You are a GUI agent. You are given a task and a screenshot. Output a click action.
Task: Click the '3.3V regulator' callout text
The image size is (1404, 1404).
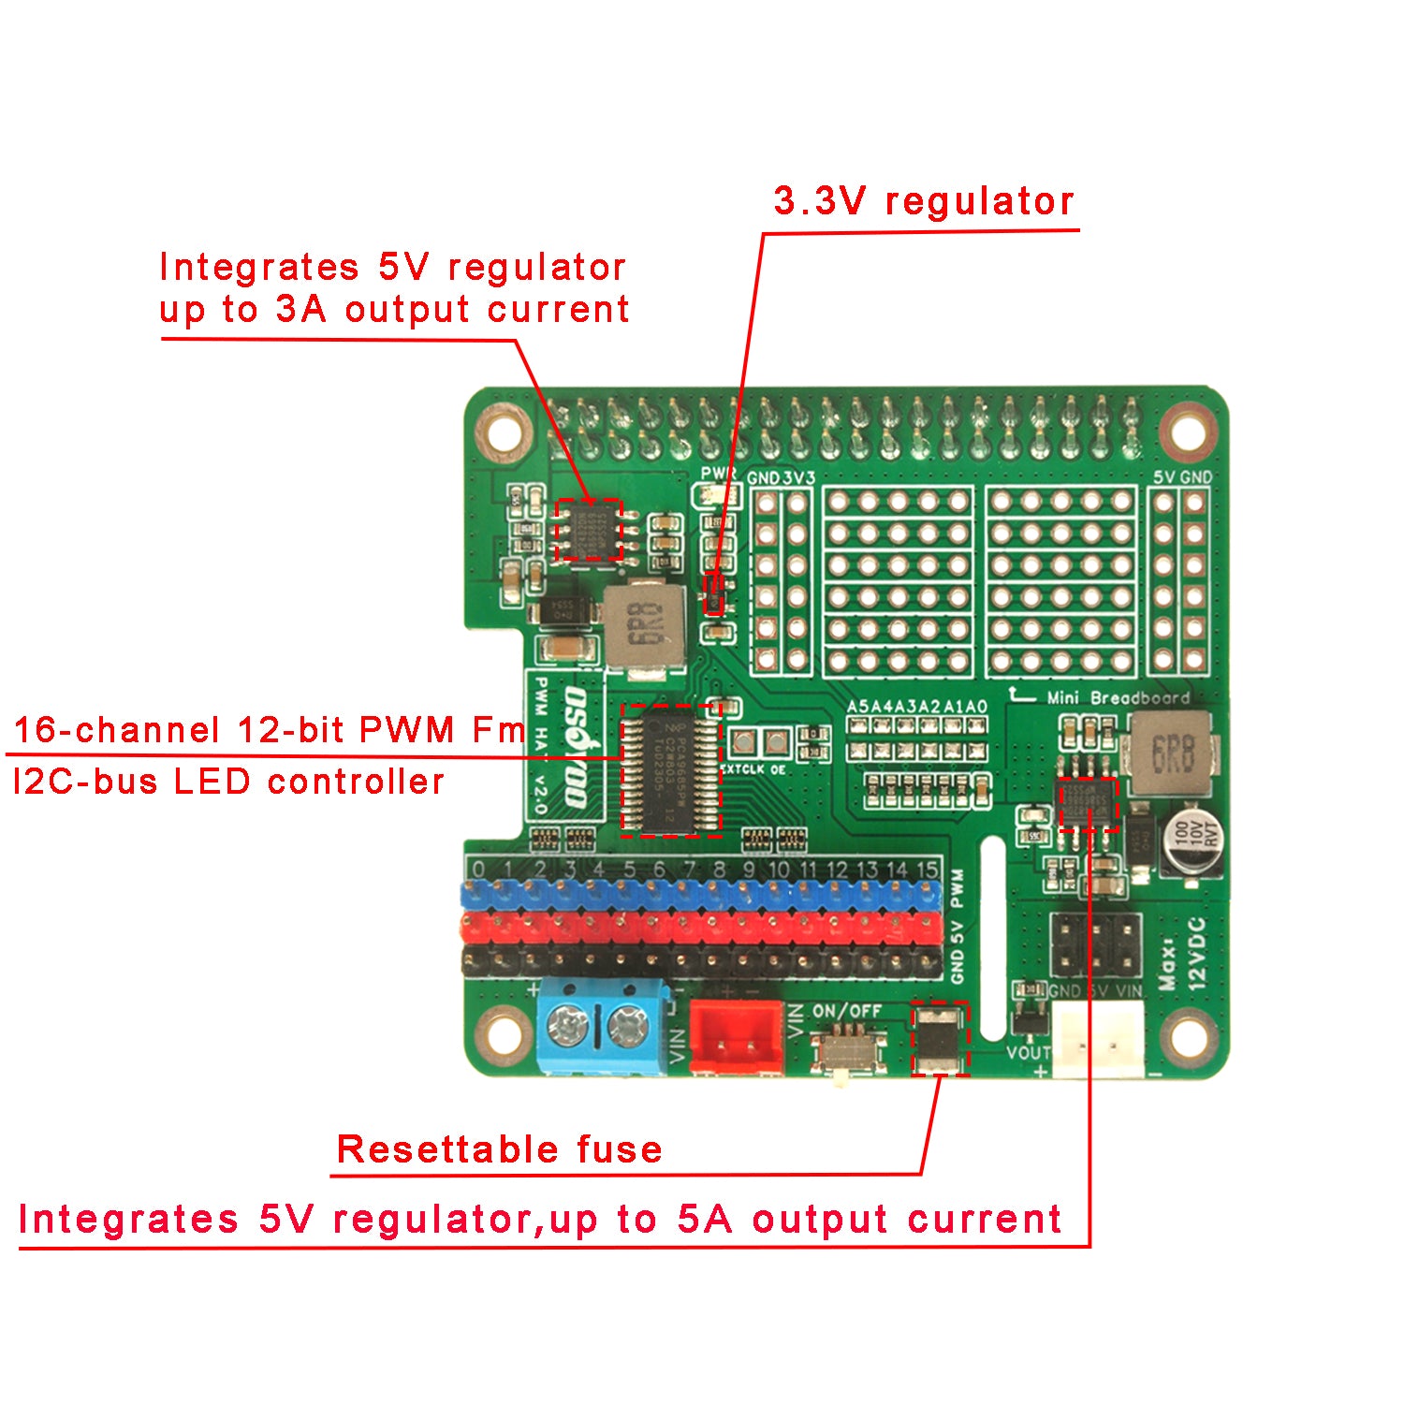pos(923,201)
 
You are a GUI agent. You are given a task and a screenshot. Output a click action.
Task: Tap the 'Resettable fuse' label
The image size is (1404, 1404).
pos(499,1149)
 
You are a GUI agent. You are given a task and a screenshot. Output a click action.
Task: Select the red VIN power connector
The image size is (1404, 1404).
pos(737,1036)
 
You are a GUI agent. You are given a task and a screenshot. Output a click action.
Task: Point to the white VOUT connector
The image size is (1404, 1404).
pos(1099,1040)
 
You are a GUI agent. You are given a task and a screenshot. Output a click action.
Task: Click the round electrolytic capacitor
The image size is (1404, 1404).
pos(1191,845)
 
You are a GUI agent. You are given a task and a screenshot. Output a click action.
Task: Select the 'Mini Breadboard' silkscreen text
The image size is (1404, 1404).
pos(1118,698)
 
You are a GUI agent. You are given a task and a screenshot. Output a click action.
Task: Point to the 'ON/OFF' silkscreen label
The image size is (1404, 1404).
pos(847,1011)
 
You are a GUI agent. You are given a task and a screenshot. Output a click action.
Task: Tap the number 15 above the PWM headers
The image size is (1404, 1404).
pos(927,870)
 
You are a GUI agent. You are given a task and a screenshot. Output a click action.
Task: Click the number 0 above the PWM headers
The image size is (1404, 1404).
pos(478,870)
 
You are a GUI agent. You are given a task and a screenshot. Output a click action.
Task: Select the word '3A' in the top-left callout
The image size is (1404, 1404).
pos(300,309)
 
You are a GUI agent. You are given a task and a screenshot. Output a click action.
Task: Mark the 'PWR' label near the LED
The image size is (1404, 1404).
pos(718,474)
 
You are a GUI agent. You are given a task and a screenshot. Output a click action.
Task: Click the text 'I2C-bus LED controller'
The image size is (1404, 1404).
pos(229,782)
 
